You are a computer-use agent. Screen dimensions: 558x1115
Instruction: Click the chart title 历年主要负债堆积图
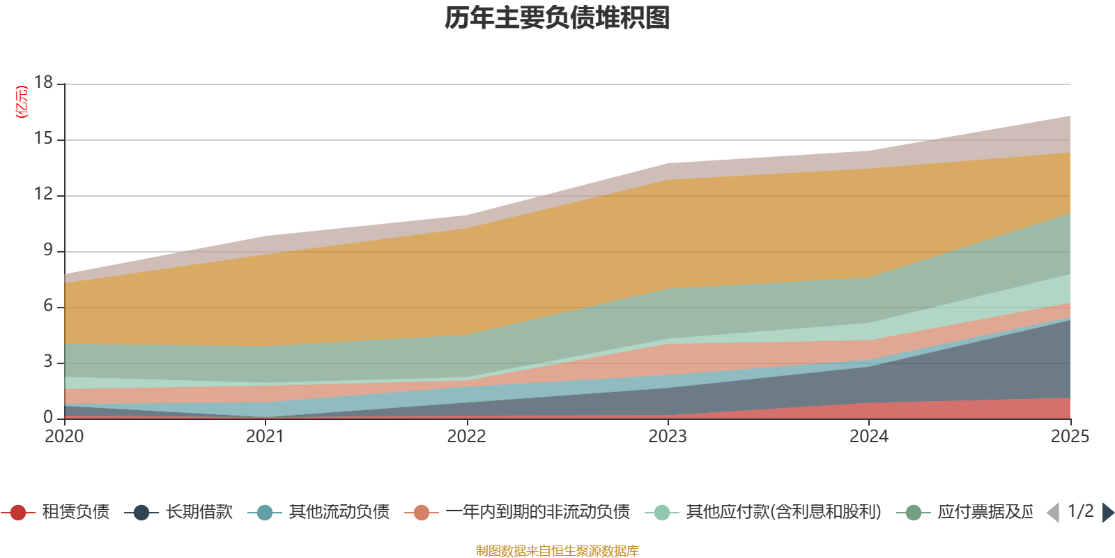557,18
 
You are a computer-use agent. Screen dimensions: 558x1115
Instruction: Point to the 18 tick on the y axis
43,82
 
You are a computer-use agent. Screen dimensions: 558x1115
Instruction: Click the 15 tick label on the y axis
43,139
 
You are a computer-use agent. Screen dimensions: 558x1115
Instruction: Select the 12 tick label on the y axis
43,195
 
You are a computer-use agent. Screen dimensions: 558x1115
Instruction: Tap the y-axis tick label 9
47,250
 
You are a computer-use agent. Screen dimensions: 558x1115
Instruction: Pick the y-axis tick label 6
47,306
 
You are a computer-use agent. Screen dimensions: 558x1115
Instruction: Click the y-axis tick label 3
47,362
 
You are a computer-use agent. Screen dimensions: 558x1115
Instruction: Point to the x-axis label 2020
64,437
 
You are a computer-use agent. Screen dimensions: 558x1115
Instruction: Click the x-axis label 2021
265,437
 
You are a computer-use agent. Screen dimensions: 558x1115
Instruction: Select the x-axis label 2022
466,437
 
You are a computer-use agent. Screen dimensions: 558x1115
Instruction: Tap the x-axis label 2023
668,437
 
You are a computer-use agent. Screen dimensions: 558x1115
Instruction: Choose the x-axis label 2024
868,437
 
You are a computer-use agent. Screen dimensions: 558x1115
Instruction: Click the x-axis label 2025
1069,437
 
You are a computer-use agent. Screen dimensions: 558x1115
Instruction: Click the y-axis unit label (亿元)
22,102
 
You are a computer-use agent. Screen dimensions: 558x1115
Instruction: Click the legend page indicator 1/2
1080,511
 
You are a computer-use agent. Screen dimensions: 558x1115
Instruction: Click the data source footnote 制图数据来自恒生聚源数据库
557,551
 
